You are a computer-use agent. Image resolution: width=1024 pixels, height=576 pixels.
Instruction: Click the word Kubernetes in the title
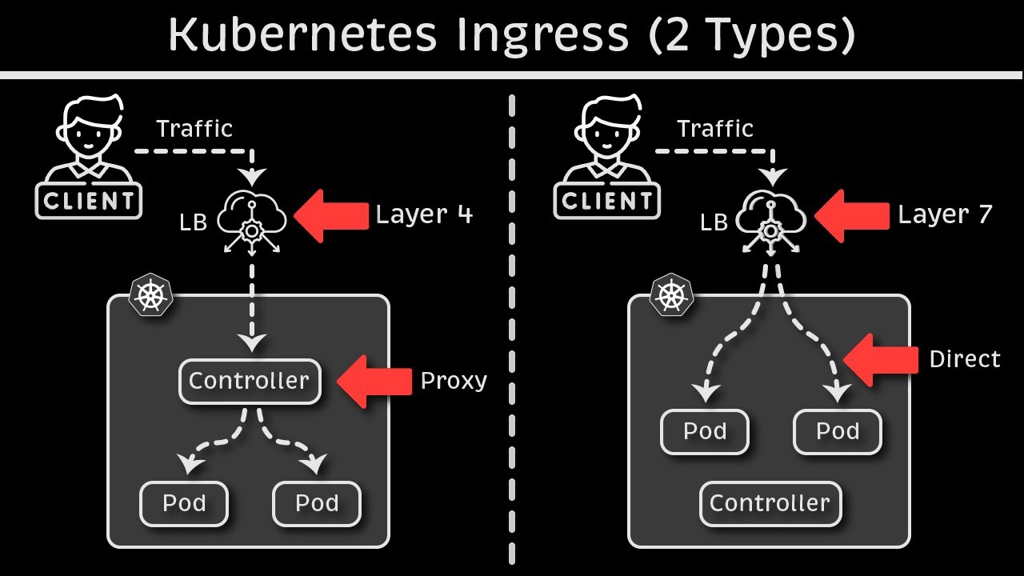pyautogui.click(x=303, y=34)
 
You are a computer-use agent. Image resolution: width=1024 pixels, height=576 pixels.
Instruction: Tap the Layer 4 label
pyautogui.click(x=424, y=214)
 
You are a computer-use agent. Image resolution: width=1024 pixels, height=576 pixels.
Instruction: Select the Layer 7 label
pyautogui.click(x=945, y=214)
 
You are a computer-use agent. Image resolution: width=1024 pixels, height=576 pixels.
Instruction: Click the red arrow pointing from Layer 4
pyautogui.click(x=330, y=215)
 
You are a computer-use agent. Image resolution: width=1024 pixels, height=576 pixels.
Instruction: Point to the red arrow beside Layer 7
pyautogui.click(x=850, y=215)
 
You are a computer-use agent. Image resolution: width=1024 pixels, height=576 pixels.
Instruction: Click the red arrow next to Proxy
pyautogui.click(x=373, y=382)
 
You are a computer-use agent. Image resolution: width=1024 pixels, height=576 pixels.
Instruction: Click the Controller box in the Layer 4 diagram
pyautogui.click(x=249, y=382)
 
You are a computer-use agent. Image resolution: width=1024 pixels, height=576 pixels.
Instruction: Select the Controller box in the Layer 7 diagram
pyautogui.click(x=770, y=503)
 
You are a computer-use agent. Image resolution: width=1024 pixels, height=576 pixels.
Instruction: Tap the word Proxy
pyautogui.click(x=454, y=382)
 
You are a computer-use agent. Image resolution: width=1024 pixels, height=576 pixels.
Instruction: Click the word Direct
pyautogui.click(x=965, y=360)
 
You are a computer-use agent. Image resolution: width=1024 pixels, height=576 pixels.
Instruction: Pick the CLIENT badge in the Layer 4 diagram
pyautogui.click(x=88, y=201)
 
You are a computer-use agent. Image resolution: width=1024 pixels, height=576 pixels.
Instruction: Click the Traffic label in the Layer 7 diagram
pyautogui.click(x=715, y=129)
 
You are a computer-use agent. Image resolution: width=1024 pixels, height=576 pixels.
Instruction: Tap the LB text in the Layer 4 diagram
pyautogui.click(x=193, y=222)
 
